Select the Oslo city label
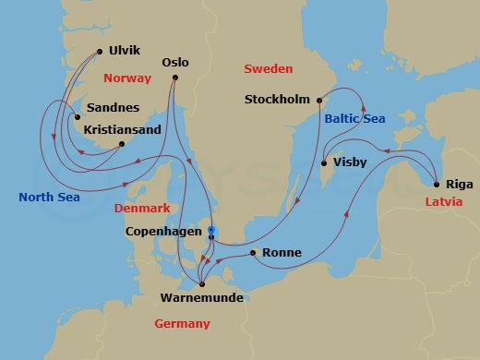click(174, 63)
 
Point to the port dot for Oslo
click(174, 79)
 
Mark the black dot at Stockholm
click(318, 100)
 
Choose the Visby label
click(350, 162)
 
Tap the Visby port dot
click(323, 164)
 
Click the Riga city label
click(459, 183)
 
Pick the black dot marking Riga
click(435, 183)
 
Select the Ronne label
click(282, 252)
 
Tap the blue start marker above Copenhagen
click(211, 229)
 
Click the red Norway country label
click(127, 78)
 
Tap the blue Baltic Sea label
click(354, 119)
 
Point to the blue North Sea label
click(49, 197)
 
